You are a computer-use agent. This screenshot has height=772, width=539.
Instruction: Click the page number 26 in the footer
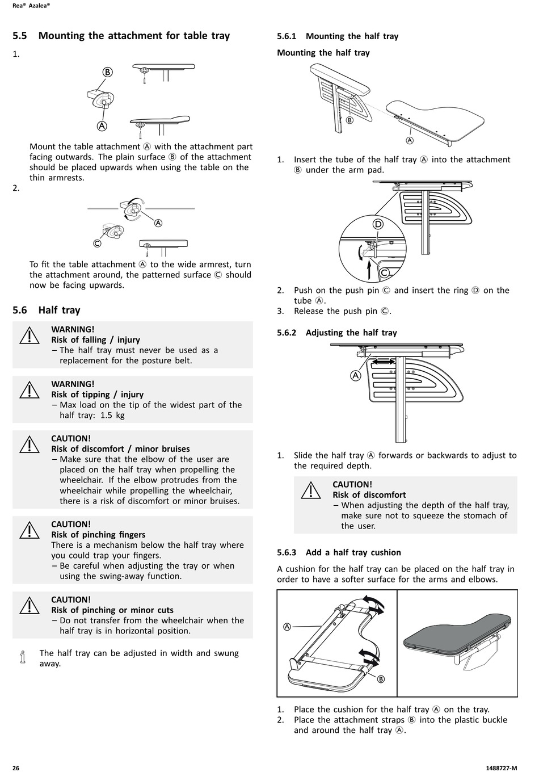tap(16, 768)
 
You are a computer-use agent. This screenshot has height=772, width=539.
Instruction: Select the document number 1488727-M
tap(502, 768)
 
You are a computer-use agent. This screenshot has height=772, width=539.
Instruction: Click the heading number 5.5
tap(20, 36)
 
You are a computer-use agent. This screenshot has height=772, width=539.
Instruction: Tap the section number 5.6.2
tap(287, 333)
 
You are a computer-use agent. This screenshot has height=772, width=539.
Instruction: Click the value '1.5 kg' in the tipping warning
tap(112, 415)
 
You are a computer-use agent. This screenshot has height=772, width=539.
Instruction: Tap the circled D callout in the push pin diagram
tap(378, 224)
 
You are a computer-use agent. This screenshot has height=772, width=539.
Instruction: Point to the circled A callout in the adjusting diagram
tap(356, 375)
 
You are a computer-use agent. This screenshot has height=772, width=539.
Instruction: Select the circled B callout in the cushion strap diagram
tap(381, 679)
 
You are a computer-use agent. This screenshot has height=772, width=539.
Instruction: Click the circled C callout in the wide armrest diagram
tap(97, 243)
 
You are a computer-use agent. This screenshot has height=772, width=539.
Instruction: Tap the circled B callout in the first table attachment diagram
tap(107, 72)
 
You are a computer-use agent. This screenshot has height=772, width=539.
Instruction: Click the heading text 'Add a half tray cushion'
tap(353, 552)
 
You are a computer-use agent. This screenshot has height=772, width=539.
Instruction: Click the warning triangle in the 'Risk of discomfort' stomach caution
tap(311, 490)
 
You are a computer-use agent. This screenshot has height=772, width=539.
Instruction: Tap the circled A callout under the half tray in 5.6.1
tap(410, 141)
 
